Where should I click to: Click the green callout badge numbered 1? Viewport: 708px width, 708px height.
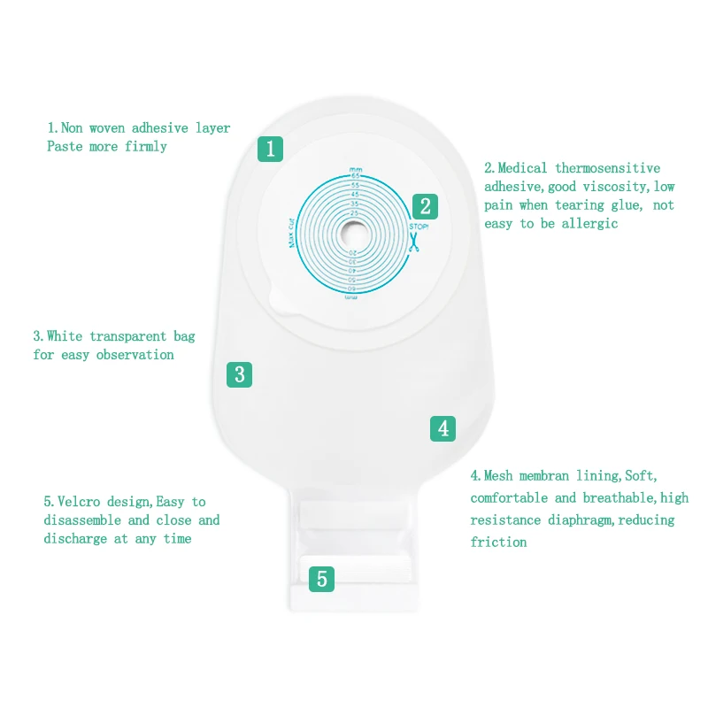tap(271, 148)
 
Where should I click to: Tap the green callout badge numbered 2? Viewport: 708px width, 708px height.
tap(425, 206)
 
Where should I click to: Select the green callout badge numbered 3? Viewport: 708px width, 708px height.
tap(239, 373)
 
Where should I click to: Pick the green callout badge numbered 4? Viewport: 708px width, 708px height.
tap(443, 428)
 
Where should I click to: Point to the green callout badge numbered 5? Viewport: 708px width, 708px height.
tap(321, 580)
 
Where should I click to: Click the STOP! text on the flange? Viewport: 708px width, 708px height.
tap(418, 227)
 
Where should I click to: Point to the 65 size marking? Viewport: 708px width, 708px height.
tap(356, 177)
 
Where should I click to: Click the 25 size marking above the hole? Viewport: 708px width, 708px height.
tap(356, 212)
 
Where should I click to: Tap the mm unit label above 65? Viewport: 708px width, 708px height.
tap(356, 168)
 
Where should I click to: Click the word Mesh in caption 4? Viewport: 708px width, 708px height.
tap(498, 475)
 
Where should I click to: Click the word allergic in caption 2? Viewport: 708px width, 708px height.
tap(589, 223)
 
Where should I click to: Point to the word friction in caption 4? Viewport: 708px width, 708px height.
tap(498, 542)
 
